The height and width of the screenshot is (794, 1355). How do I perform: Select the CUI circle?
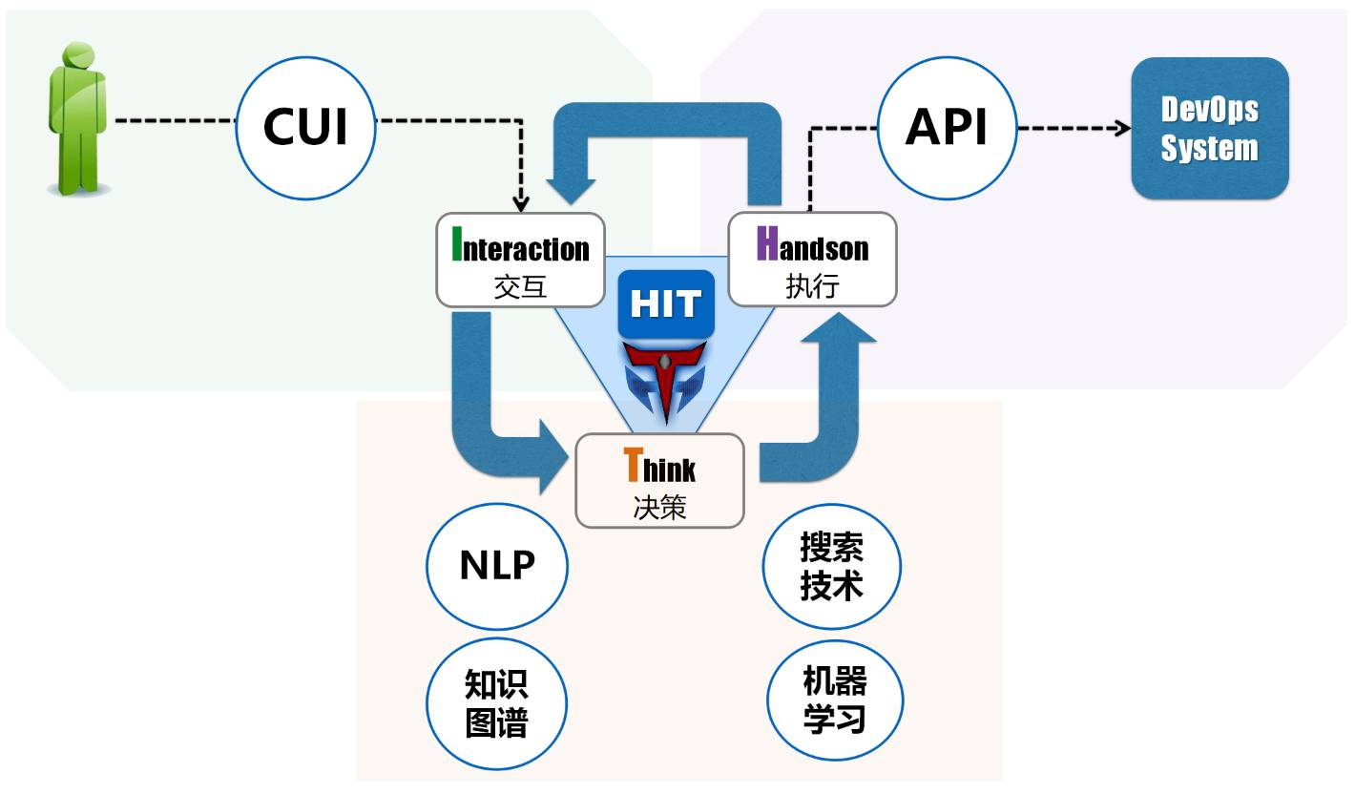point(305,128)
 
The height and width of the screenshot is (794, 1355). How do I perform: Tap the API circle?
point(946,128)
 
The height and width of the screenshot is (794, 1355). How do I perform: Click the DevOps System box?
point(1209,129)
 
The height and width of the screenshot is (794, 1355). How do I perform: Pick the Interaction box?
point(520,260)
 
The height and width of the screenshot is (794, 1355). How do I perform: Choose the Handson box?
point(812,260)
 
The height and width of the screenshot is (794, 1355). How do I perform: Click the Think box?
point(659,480)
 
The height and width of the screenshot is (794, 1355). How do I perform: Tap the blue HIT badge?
point(666,304)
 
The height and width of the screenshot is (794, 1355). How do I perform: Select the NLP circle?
point(496,565)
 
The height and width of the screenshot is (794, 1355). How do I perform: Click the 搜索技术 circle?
point(832,565)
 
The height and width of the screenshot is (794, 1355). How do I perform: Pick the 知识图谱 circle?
point(496,703)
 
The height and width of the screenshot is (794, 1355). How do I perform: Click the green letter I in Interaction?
point(457,244)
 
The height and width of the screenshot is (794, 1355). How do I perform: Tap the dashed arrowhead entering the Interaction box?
point(520,203)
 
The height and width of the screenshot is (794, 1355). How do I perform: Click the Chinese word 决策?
point(659,507)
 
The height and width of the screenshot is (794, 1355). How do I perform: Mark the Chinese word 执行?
point(812,286)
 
